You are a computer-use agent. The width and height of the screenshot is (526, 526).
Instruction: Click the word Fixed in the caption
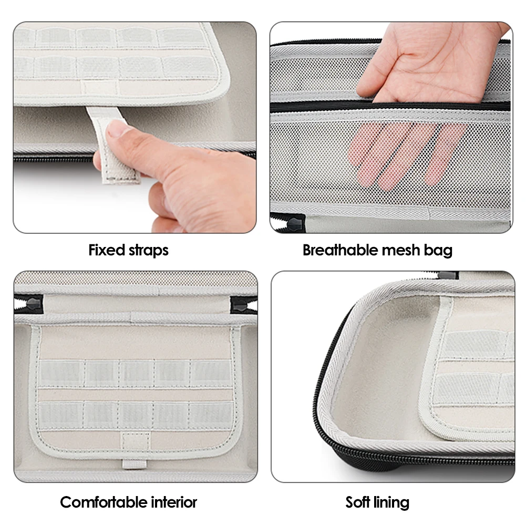pyautogui.click(x=106, y=250)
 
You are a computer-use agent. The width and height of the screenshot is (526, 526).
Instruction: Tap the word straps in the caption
pyautogui.click(x=149, y=251)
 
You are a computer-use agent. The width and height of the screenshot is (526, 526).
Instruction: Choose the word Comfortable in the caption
pyautogui.click(x=104, y=502)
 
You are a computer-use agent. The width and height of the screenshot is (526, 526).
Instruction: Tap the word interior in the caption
pyautogui.click(x=174, y=502)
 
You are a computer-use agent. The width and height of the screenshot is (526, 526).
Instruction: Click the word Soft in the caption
pyautogui.click(x=358, y=502)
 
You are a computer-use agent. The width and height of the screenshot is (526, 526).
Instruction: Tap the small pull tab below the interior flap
pyautogui.click(x=134, y=464)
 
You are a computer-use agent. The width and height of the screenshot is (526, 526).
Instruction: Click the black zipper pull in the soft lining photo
pyautogui.click(x=449, y=275)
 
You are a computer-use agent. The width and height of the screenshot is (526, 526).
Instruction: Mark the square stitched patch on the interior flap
pyautogui.click(x=135, y=441)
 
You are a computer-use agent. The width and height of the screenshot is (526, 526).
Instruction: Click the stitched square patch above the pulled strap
pyautogui.click(x=100, y=88)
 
